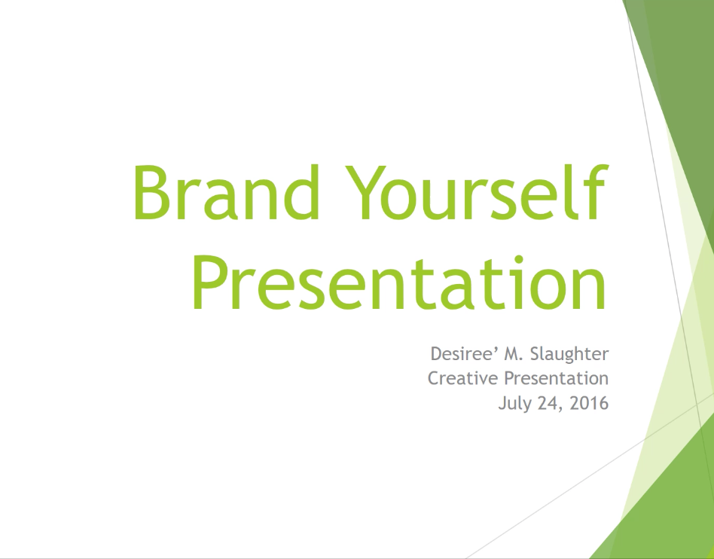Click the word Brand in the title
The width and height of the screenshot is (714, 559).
click(x=226, y=192)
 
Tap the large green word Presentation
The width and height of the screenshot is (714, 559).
click(x=399, y=283)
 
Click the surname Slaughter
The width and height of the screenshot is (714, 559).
click(x=569, y=354)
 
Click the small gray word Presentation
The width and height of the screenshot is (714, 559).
click(x=557, y=378)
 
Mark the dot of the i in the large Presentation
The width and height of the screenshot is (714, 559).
click(x=519, y=258)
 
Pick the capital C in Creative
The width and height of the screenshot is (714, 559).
click(x=435, y=378)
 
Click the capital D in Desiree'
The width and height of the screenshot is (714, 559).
click(x=438, y=354)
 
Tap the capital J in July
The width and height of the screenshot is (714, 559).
click(x=502, y=404)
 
